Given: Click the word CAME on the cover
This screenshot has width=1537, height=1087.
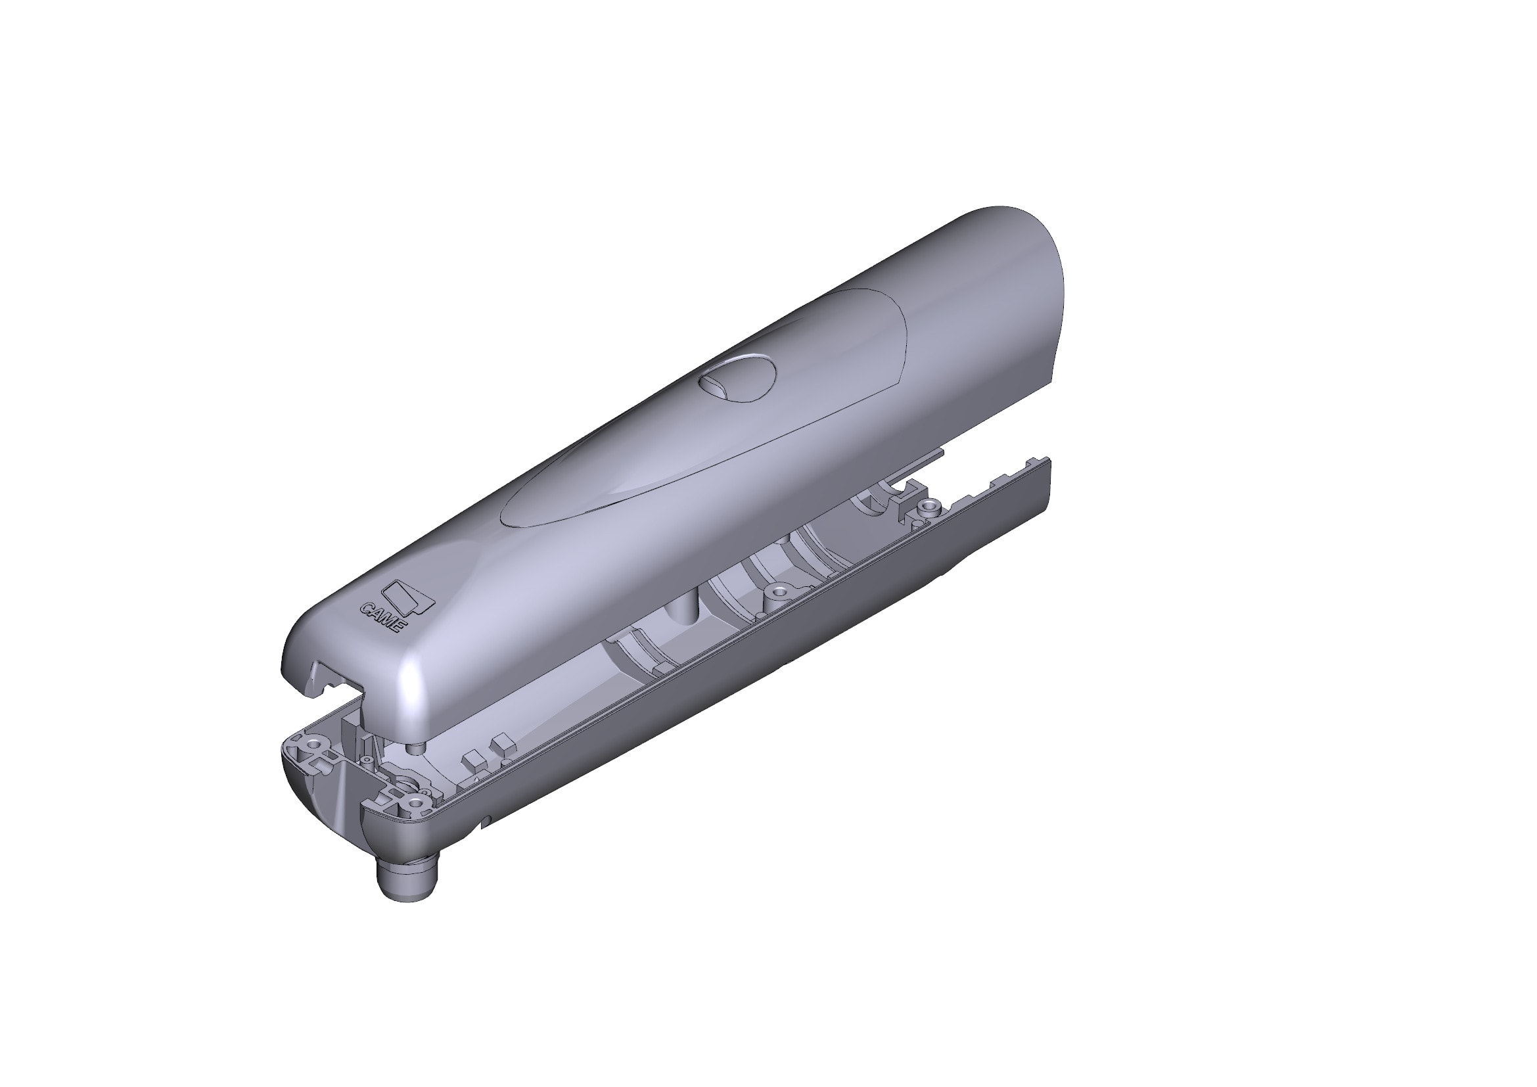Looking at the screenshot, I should click(x=382, y=618).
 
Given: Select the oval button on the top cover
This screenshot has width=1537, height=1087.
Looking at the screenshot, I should click(x=737, y=378).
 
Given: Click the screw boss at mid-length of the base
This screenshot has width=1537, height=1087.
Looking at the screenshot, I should click(x=778, y=591).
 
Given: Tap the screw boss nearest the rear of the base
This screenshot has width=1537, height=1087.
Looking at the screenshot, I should click(x=927, y=507).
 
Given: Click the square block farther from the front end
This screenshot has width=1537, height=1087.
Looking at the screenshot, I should click(x=501, y=745).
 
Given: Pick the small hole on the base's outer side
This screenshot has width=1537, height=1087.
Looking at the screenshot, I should click(x=488, y=820).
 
